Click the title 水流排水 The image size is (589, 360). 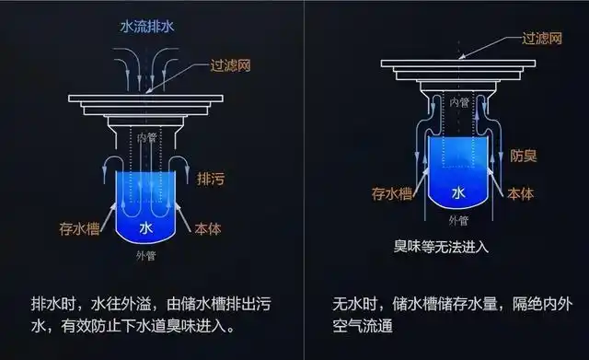[x=147, y=27]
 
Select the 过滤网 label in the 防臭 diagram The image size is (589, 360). [x=541, y=39]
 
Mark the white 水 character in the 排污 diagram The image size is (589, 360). [x=145, y=226]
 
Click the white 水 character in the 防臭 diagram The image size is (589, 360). [x=457, y=192]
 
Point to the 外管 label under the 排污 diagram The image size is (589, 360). [x=145, y=255]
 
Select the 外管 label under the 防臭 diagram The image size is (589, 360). [x=457, y=221]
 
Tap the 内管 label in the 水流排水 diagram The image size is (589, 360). [x=146, y=136]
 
